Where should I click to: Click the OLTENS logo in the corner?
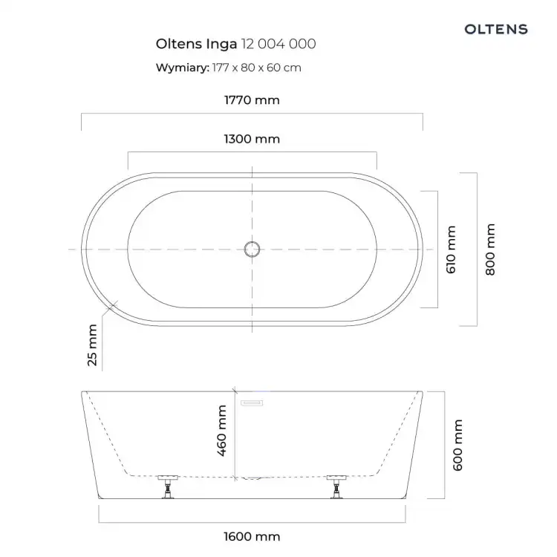coord(496,29)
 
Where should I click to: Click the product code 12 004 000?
coord(278,44)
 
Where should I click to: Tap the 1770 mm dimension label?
coord(252,100)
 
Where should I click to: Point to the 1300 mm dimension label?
coord(252,139)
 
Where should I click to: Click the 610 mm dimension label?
coord(451,250)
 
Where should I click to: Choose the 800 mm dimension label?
coord(490,250)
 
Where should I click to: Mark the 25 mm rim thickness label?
coord(92,345)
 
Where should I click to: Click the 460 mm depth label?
coord(221,430)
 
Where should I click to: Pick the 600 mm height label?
coord(457,445)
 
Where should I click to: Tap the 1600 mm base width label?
coord(252,536)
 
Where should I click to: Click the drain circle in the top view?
coord(252,249)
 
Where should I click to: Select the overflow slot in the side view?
coord(252,403)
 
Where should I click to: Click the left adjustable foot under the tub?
coord(168,486)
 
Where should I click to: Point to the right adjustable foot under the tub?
coord(336,486)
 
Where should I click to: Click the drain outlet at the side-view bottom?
coord(252,478)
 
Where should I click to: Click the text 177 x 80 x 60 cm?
coord(256,68)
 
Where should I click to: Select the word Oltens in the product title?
coord(179,44)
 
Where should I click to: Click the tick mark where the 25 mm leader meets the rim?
coord(111,306)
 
